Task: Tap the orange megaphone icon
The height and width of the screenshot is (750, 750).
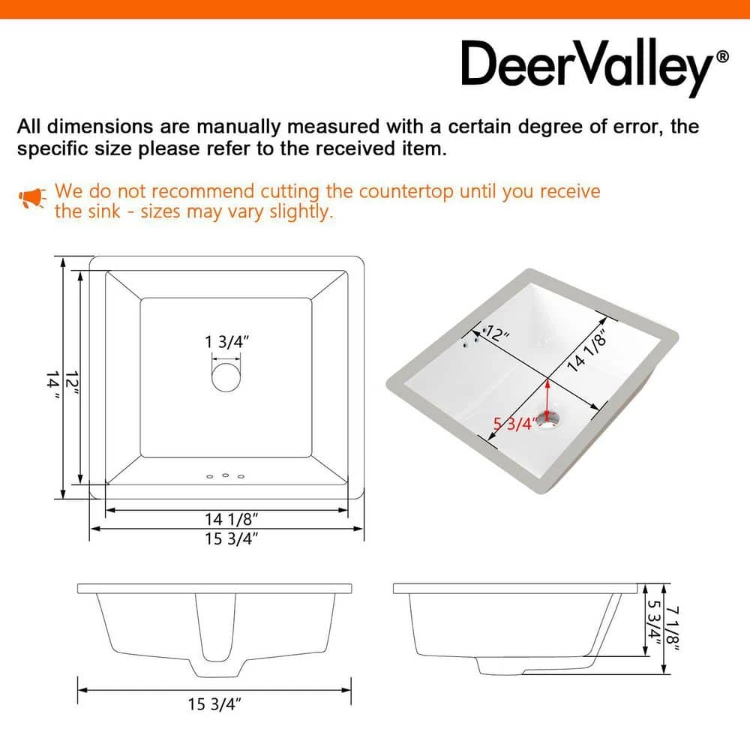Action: tap(32, 198)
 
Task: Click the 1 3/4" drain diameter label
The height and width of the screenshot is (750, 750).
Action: tap(227, 342)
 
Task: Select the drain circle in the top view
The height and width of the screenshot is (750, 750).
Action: tap(226, 377)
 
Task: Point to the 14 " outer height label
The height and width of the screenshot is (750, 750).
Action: tap(53, 385)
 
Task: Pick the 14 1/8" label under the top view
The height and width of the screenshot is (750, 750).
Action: tap(232, 519)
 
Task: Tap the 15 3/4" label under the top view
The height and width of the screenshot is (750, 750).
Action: tap(232, 539)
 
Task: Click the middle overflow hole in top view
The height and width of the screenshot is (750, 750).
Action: tap(225, 475)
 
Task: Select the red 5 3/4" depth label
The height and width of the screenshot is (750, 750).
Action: tap(514, 424)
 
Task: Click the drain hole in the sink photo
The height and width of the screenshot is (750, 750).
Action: tap(550, 419)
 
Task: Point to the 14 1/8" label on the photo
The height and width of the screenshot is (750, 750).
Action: tap(587, 350)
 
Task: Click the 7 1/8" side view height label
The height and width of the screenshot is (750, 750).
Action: tap(673, 628)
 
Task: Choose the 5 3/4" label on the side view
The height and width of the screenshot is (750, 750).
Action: tap(653, 622)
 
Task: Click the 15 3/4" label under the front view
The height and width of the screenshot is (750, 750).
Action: tap(214, 704)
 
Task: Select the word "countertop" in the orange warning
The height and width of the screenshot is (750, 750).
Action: tap(405, 192)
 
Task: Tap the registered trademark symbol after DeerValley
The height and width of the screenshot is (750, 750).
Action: tap(722, 57)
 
